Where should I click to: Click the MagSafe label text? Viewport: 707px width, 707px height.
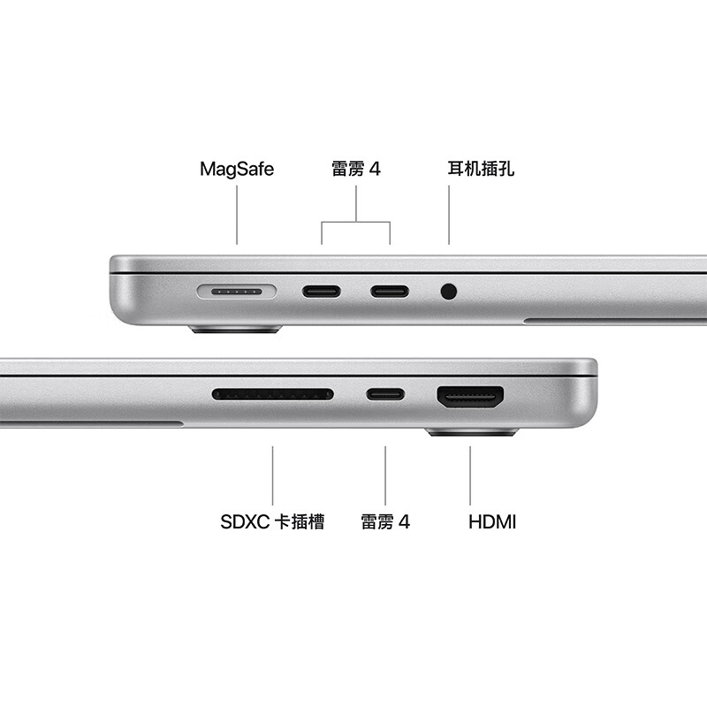[x=237, y=169]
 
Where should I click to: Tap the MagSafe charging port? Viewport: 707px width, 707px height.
[x=237, y=291]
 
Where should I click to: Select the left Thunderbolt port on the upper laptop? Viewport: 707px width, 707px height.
[x=321, y=291]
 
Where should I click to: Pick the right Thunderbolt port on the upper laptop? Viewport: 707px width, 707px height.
[x=390, y=291]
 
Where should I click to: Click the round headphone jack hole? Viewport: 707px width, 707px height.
[x=449, y=290]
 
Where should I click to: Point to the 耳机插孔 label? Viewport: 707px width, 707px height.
[x=481, y=169]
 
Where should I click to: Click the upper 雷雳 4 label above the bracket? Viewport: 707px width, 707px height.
[x=356, y=169]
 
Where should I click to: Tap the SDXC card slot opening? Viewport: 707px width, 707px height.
[x=273, y=394]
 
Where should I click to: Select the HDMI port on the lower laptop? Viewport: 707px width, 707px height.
[x=470, y=398]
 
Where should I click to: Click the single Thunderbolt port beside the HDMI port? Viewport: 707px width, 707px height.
[x=386, y=394]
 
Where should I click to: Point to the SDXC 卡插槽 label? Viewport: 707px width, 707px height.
[x=272, y=521]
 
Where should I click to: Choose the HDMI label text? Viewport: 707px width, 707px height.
[x=492, y=521]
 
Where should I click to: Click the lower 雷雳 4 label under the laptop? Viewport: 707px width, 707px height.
[x=385, y=521]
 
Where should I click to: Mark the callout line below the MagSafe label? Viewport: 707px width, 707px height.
[x=237, y=217]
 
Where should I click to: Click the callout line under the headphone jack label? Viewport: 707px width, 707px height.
[x=449, y=217]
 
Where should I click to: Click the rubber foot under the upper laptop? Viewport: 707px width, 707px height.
[x=235, y=330]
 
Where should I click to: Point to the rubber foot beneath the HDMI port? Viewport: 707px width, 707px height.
[x=472, y=432]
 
